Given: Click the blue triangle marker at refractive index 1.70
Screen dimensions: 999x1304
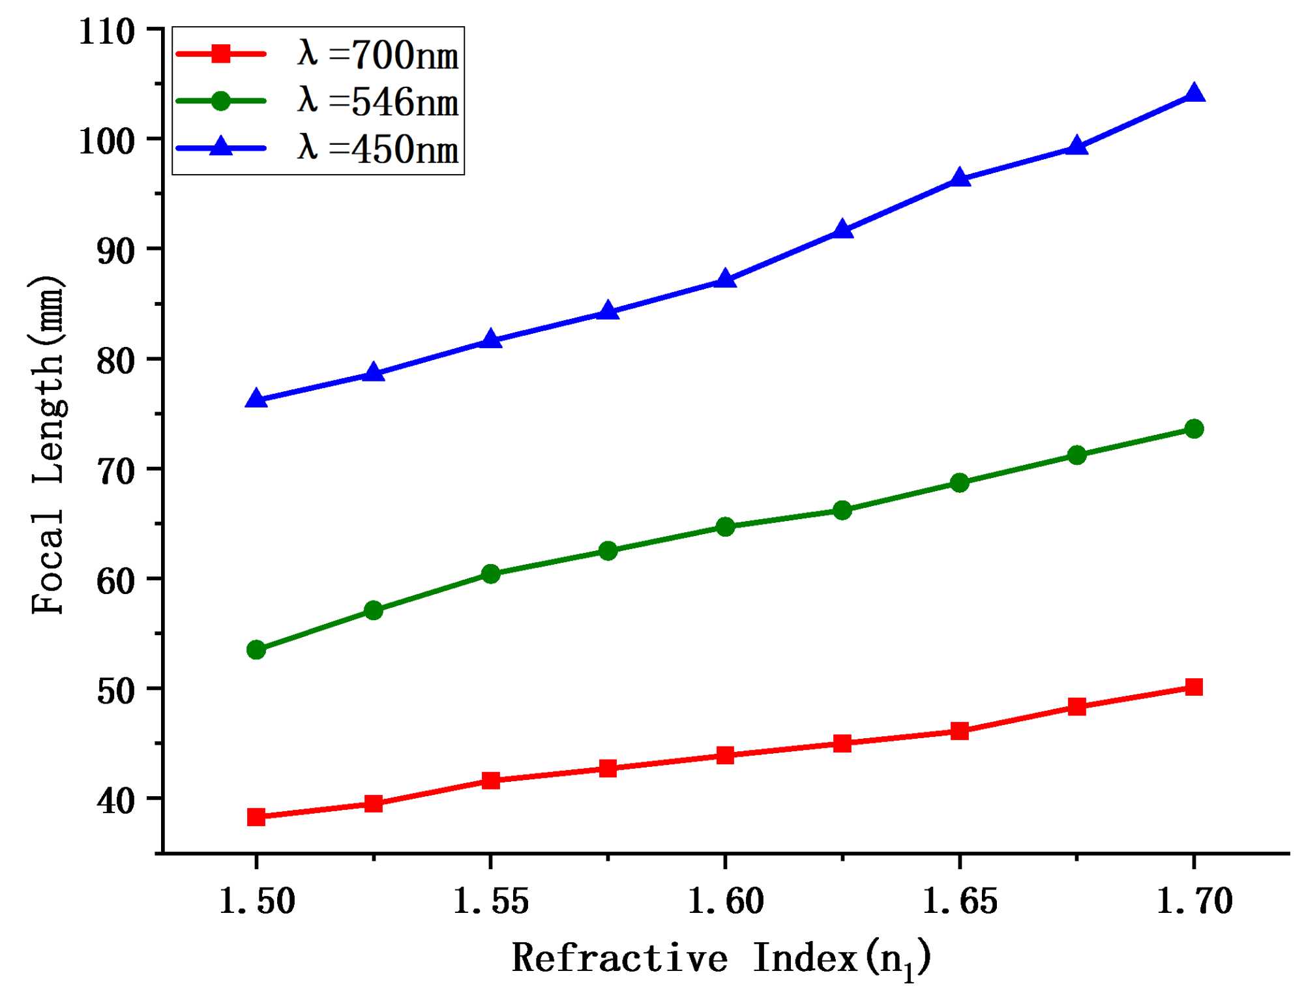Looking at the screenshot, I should [1194, 94].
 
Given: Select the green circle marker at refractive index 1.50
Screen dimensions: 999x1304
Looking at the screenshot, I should [256, 649].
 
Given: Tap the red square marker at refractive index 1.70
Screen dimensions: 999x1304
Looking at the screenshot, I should [1194, 687].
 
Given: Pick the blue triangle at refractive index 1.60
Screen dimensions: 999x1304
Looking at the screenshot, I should [725, 280].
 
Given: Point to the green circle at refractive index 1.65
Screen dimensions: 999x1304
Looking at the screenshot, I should [959, 483].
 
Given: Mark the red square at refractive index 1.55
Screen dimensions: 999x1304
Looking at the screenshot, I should [490, 780].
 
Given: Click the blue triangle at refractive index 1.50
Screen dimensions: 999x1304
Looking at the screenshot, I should [256, 398].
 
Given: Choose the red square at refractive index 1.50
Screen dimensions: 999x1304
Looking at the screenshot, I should [256, 816].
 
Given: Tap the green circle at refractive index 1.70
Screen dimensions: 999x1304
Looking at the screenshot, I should [1194, 428].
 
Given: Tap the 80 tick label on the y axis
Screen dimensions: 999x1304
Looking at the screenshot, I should [115, 360].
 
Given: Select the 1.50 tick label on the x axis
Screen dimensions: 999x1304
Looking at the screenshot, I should [256, 901].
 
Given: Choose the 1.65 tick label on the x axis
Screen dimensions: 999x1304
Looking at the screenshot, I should [959, 901].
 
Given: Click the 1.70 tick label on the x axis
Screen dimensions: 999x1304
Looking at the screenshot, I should [1194, 901].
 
